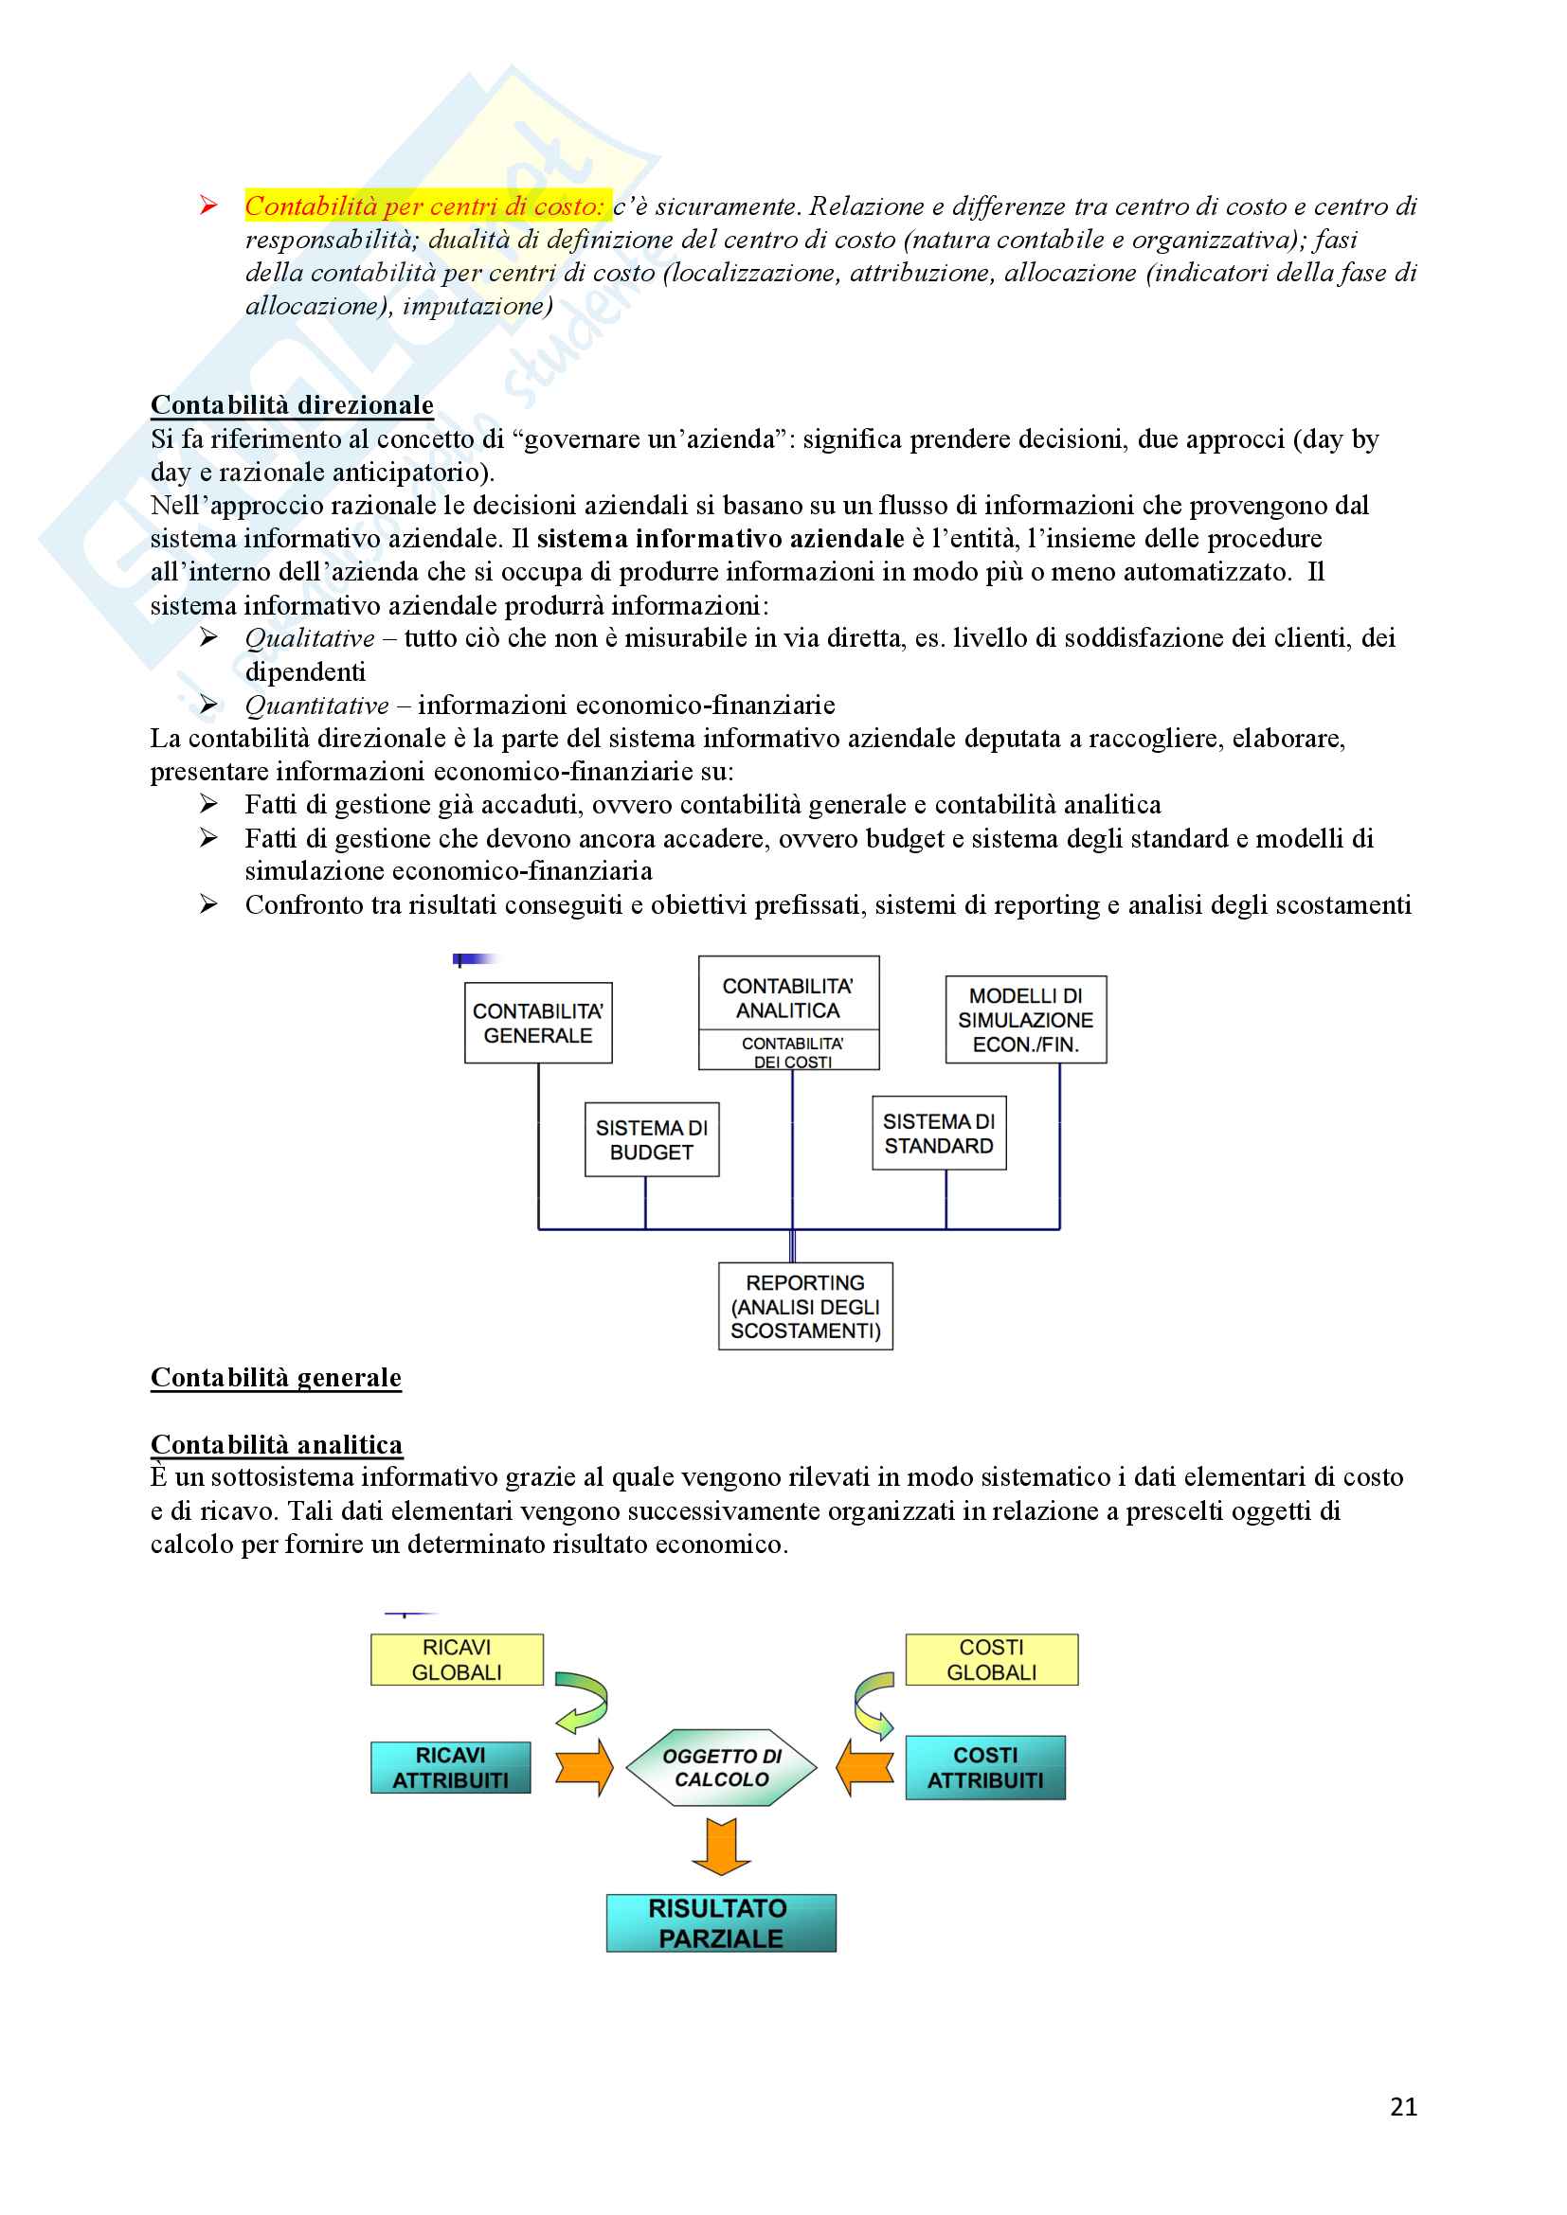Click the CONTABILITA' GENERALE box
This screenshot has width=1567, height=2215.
coord(537,1023)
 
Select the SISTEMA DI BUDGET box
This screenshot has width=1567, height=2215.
coord(651,1139)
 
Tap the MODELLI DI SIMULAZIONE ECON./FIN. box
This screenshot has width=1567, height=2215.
coord(1025,1020)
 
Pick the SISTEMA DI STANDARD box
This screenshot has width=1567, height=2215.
coord(939,1134)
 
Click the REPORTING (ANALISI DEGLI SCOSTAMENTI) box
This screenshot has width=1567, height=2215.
coord(804,1306)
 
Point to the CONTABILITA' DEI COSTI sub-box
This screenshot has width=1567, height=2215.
coord(791,1051)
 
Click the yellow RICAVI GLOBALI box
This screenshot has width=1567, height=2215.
coord(457,1659)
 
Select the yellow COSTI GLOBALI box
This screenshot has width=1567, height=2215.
coord(991,1659)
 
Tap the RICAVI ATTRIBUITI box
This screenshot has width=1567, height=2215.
coord(451,1767)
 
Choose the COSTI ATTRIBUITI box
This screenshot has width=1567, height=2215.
coord(985,1767)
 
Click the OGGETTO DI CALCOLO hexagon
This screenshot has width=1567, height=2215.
coord(722,1767)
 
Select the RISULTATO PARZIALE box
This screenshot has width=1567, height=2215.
coord(721,1922)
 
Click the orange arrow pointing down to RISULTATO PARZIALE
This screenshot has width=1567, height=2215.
coord(721,1846)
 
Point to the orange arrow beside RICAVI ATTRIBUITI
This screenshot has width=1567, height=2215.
coord(585,1767)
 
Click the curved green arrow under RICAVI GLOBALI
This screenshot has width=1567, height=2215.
coord(583,1702)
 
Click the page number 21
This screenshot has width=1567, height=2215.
coord(1403,2107)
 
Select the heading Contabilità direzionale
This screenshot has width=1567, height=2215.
coord(292,405)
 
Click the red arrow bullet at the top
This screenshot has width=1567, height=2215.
coord(208,205)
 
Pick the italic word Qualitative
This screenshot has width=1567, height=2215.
coord(310,638)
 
